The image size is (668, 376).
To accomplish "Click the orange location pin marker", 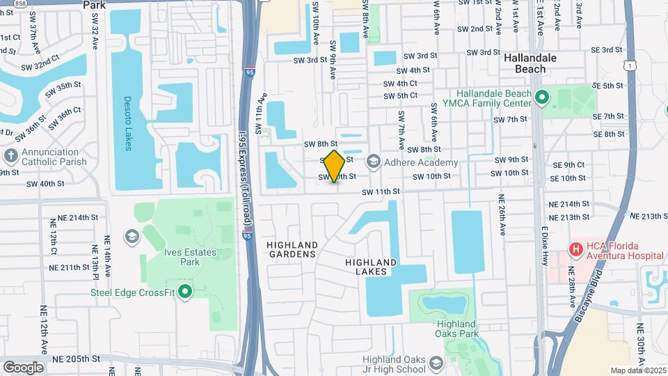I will (x=335, y=166).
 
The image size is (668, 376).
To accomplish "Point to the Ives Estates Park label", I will (x=171, y=257).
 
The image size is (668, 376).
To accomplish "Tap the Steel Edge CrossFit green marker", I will (x=184, y=292).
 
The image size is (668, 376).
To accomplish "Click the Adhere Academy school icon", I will (x=374, y=163).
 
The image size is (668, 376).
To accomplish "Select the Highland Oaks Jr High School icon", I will (x=436, y=363).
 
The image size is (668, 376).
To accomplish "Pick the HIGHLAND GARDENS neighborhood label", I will (x=292, y=250).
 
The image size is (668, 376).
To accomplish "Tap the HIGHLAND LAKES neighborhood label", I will (x=371, y=267).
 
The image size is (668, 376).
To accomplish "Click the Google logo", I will (x=23, y=367).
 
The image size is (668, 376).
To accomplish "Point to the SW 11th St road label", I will (x=381, y=191).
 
